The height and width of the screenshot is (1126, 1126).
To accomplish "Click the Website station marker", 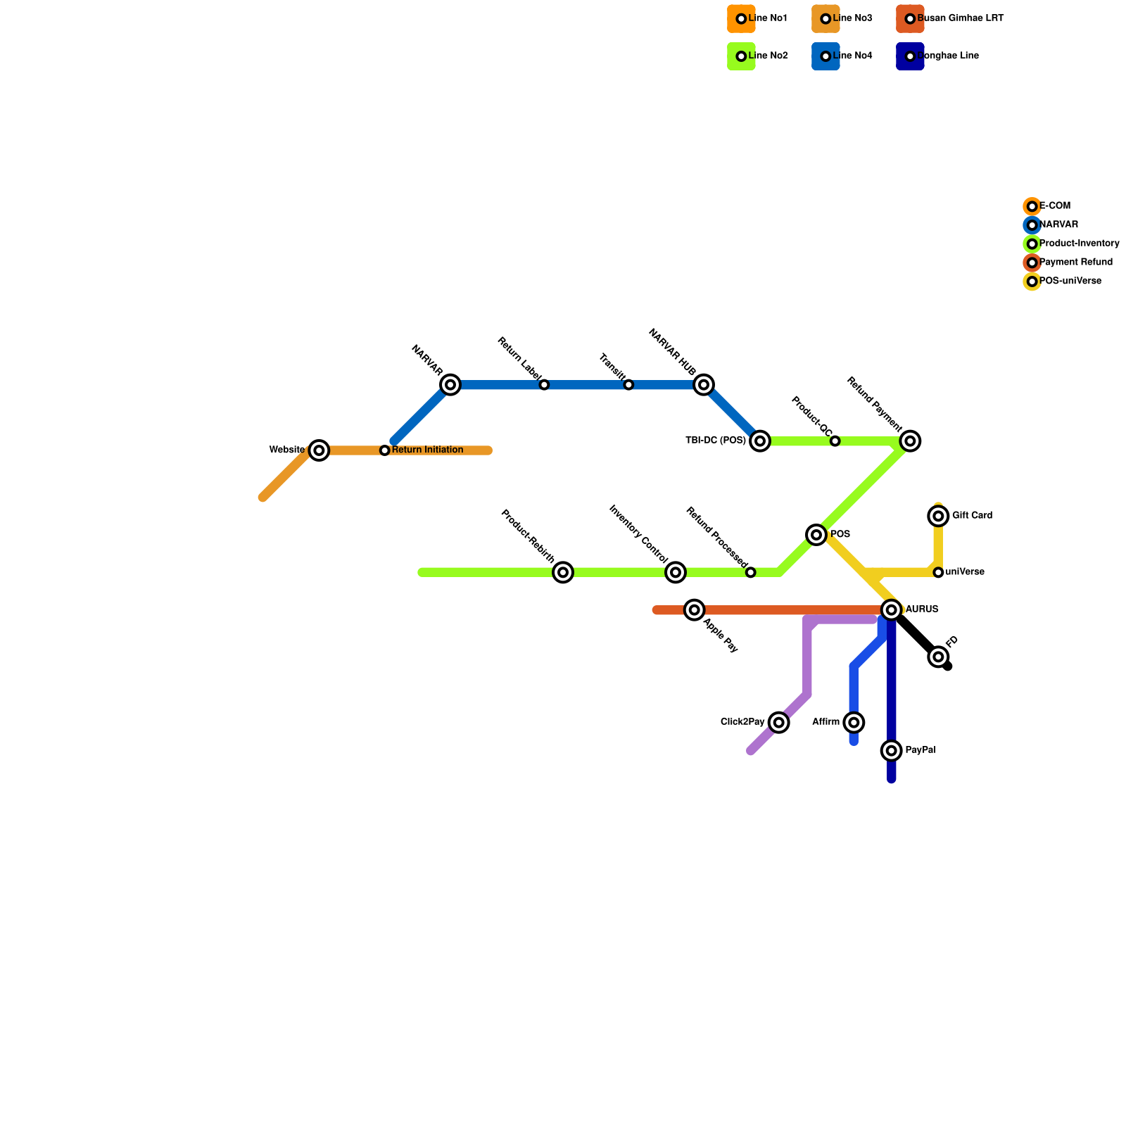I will [320, 450].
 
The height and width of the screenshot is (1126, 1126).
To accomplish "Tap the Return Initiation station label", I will [427, 450].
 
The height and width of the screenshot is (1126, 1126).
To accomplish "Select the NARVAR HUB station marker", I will [704, 385].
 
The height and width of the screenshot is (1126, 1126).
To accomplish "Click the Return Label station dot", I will [544, 385].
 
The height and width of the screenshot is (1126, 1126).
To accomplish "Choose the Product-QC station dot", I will [835, 441].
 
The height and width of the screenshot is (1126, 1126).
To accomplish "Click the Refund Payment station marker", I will [911, 441].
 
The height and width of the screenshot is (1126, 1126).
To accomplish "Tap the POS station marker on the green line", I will [816, 535].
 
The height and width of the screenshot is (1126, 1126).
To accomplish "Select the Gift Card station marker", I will [938, 517].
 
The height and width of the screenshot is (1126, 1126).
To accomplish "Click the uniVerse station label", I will [965, 573].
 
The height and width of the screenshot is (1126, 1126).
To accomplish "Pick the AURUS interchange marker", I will [892, 610].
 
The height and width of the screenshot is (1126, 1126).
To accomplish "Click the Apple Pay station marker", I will [695, 610].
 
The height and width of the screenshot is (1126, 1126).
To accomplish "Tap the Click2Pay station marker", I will [778, 723].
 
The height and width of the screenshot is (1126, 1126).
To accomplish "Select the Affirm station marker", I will [854, 723].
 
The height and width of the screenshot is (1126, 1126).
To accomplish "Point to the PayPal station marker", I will [892, 751].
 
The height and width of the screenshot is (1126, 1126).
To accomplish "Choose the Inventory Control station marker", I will [676, 573].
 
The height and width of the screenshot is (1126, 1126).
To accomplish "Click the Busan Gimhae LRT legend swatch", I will [910, 19].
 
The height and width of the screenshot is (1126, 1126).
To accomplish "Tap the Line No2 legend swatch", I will [741, 56].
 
